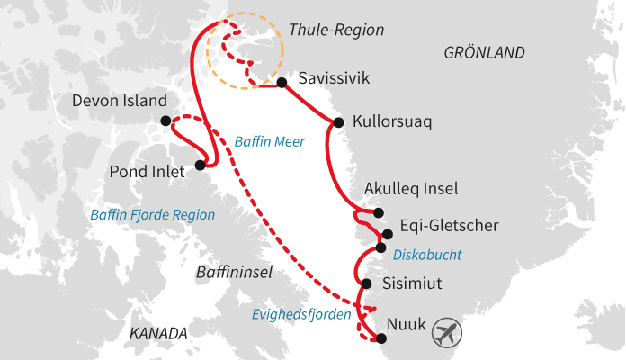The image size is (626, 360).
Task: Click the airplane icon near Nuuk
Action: pos(446,333)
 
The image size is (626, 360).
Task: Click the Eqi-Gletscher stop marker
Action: pos(388,234)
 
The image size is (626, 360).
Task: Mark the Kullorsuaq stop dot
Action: pos(338,123)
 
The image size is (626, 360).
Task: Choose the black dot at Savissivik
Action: pos(282,83)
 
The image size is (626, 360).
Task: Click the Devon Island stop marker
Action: pos(165,121)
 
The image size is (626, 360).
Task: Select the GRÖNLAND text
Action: pos(484,54)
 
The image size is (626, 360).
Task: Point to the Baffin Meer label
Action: pos(269,141)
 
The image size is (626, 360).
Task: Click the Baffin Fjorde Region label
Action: pos(153,215)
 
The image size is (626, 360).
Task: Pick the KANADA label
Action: pos(158,334)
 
